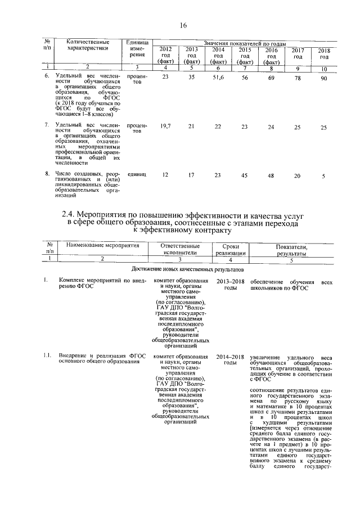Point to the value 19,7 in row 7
click(165, 127)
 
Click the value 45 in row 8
click(245, 175)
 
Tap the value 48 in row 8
click(271, 175)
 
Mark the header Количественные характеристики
click(87, 45)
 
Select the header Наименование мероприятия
click(102, 246)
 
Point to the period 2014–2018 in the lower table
click(231, 357)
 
